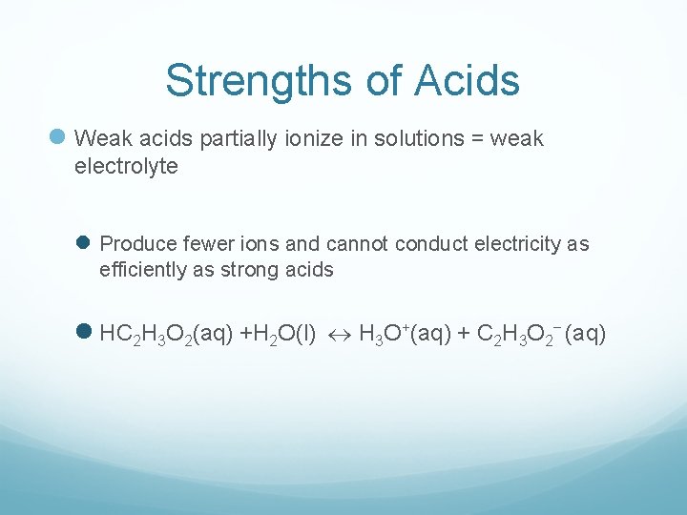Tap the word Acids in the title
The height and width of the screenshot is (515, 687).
pyautogui.click(x=468, y=81)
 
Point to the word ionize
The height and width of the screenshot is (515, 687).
pyautogui.click(x=316, y=139)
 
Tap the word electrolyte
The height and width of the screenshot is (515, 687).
pyautogui.click(x=126, y=167)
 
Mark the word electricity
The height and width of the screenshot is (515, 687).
pyautogui.click(x=512, y=244)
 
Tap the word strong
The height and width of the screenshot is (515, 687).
pyautogui.click(x=250, y=270)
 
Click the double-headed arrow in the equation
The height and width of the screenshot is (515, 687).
pyautogui.click(x=341, y=335)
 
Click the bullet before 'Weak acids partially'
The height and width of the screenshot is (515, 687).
pyautogui.click(x=57, y=139)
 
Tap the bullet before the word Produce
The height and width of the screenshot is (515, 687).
pyautogui.click(x=82, y=244)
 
